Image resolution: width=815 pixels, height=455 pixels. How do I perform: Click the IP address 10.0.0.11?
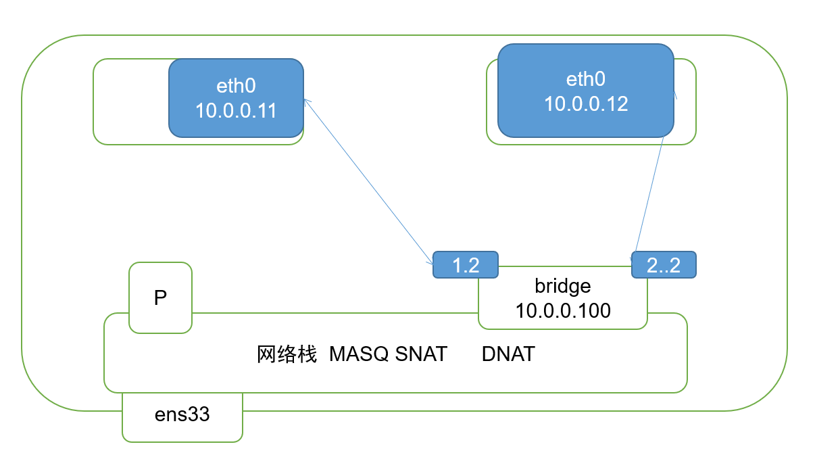pyautogui.click(x=236, y=110)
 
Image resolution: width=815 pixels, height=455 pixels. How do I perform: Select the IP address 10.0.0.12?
pyautogui.click(x=586, y=103)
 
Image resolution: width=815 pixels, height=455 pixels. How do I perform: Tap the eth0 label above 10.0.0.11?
pyautogui.click(x=236, y=87)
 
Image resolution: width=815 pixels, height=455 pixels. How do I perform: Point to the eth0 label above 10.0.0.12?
pyautogui.click(x=586, y=79)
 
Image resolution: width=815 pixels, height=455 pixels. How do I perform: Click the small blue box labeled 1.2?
pyautogui.click(x=466, y=265)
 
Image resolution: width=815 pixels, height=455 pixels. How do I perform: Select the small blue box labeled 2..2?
pyautogui.click(x=663, y=265)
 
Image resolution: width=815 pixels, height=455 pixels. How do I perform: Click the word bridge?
pyautogui.click(x=562, y=286)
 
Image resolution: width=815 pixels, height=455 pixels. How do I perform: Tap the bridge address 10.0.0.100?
pyautogui.click(x=562, y=310)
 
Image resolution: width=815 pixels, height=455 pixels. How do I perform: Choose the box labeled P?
pyautogui.click(x=160, y=297)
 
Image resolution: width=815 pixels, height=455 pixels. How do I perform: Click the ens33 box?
pyautogui.click(x=182, y=414)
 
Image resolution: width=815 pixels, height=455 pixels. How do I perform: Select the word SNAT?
pyautogui.click(x=421, y=354)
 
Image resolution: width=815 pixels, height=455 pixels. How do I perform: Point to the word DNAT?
pyautogui.click(x=508, y=354)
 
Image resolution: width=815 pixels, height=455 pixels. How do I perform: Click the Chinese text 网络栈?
pyautogui.click(x=287, y=354)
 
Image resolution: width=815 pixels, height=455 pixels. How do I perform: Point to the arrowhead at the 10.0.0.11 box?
pyautogui.click(x=306, y=101)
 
